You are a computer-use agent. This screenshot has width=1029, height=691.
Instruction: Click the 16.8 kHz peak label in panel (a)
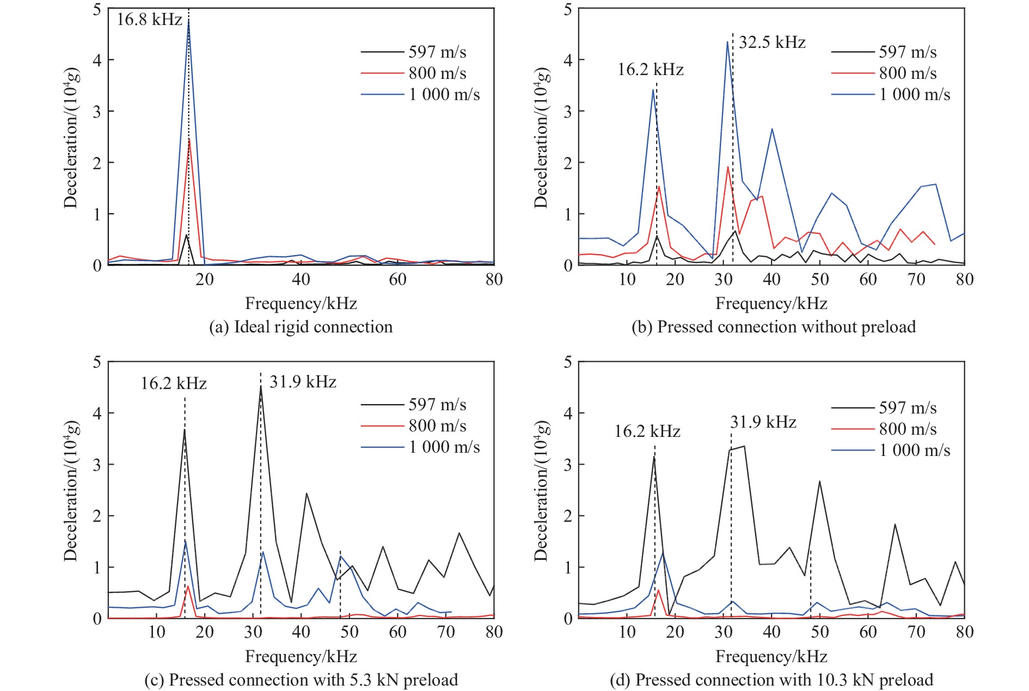(x=149, y=20)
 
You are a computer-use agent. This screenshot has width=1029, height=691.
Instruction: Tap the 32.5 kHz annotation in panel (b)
(x=772, y=42)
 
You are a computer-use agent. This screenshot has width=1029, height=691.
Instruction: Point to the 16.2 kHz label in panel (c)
(x=174, y=384)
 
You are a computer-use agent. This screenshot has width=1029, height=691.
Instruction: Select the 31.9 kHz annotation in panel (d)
(x=763, y=422)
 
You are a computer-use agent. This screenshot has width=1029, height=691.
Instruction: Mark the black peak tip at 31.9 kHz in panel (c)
(x=261, y=386)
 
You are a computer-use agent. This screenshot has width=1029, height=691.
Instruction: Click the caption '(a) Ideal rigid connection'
(x=301, y=327)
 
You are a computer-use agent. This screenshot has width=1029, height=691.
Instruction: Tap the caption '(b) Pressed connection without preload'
(x=774, y=327)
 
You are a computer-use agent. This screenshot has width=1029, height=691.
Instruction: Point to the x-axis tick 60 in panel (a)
(x=397, y=280)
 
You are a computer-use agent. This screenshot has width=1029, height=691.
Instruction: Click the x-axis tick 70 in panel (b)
(x=916, y=280)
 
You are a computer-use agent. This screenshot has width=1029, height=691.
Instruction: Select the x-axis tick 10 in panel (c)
(x=157, y=632)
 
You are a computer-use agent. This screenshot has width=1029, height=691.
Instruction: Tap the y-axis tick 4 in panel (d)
(x=568, y=413)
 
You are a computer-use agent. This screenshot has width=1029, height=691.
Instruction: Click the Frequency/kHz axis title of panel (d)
(x=771, y=657)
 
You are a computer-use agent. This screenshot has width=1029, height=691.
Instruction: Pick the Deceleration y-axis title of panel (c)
(x=71, y=491)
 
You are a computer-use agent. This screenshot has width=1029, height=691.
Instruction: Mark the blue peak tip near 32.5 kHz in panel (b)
(x=727, y=42)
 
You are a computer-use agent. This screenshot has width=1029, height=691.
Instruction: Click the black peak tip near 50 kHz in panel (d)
(x=819, y=482)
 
